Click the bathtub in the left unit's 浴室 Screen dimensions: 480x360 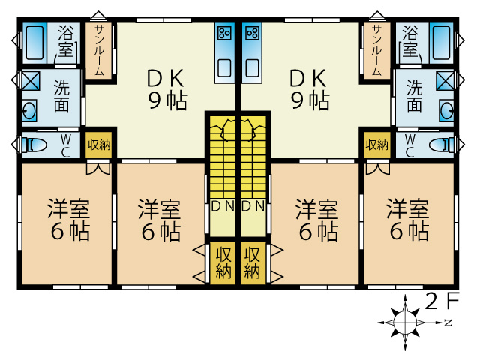(34, 43)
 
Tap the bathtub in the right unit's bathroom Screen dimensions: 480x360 (441, 43)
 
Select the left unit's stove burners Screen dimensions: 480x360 (224, 33)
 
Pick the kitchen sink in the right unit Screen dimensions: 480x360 (253, 68)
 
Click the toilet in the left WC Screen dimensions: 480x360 (34, 145)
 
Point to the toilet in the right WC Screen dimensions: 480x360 (442, 145)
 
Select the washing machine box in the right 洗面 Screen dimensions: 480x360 (445, 81)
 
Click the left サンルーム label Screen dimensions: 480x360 (99, 50)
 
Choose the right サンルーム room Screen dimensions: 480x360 (377, 50)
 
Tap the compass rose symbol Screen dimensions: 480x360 (405, 322)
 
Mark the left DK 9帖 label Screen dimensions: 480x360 (166, 89)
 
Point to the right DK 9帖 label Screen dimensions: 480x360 (310, 89)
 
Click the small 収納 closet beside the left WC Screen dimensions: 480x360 (98, 145)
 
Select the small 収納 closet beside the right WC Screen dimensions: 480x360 (377, 145)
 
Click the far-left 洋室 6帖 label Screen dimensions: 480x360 (69, 219)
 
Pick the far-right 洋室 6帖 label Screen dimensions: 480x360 (408, 219)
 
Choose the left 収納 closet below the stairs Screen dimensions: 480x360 (223, 263)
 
